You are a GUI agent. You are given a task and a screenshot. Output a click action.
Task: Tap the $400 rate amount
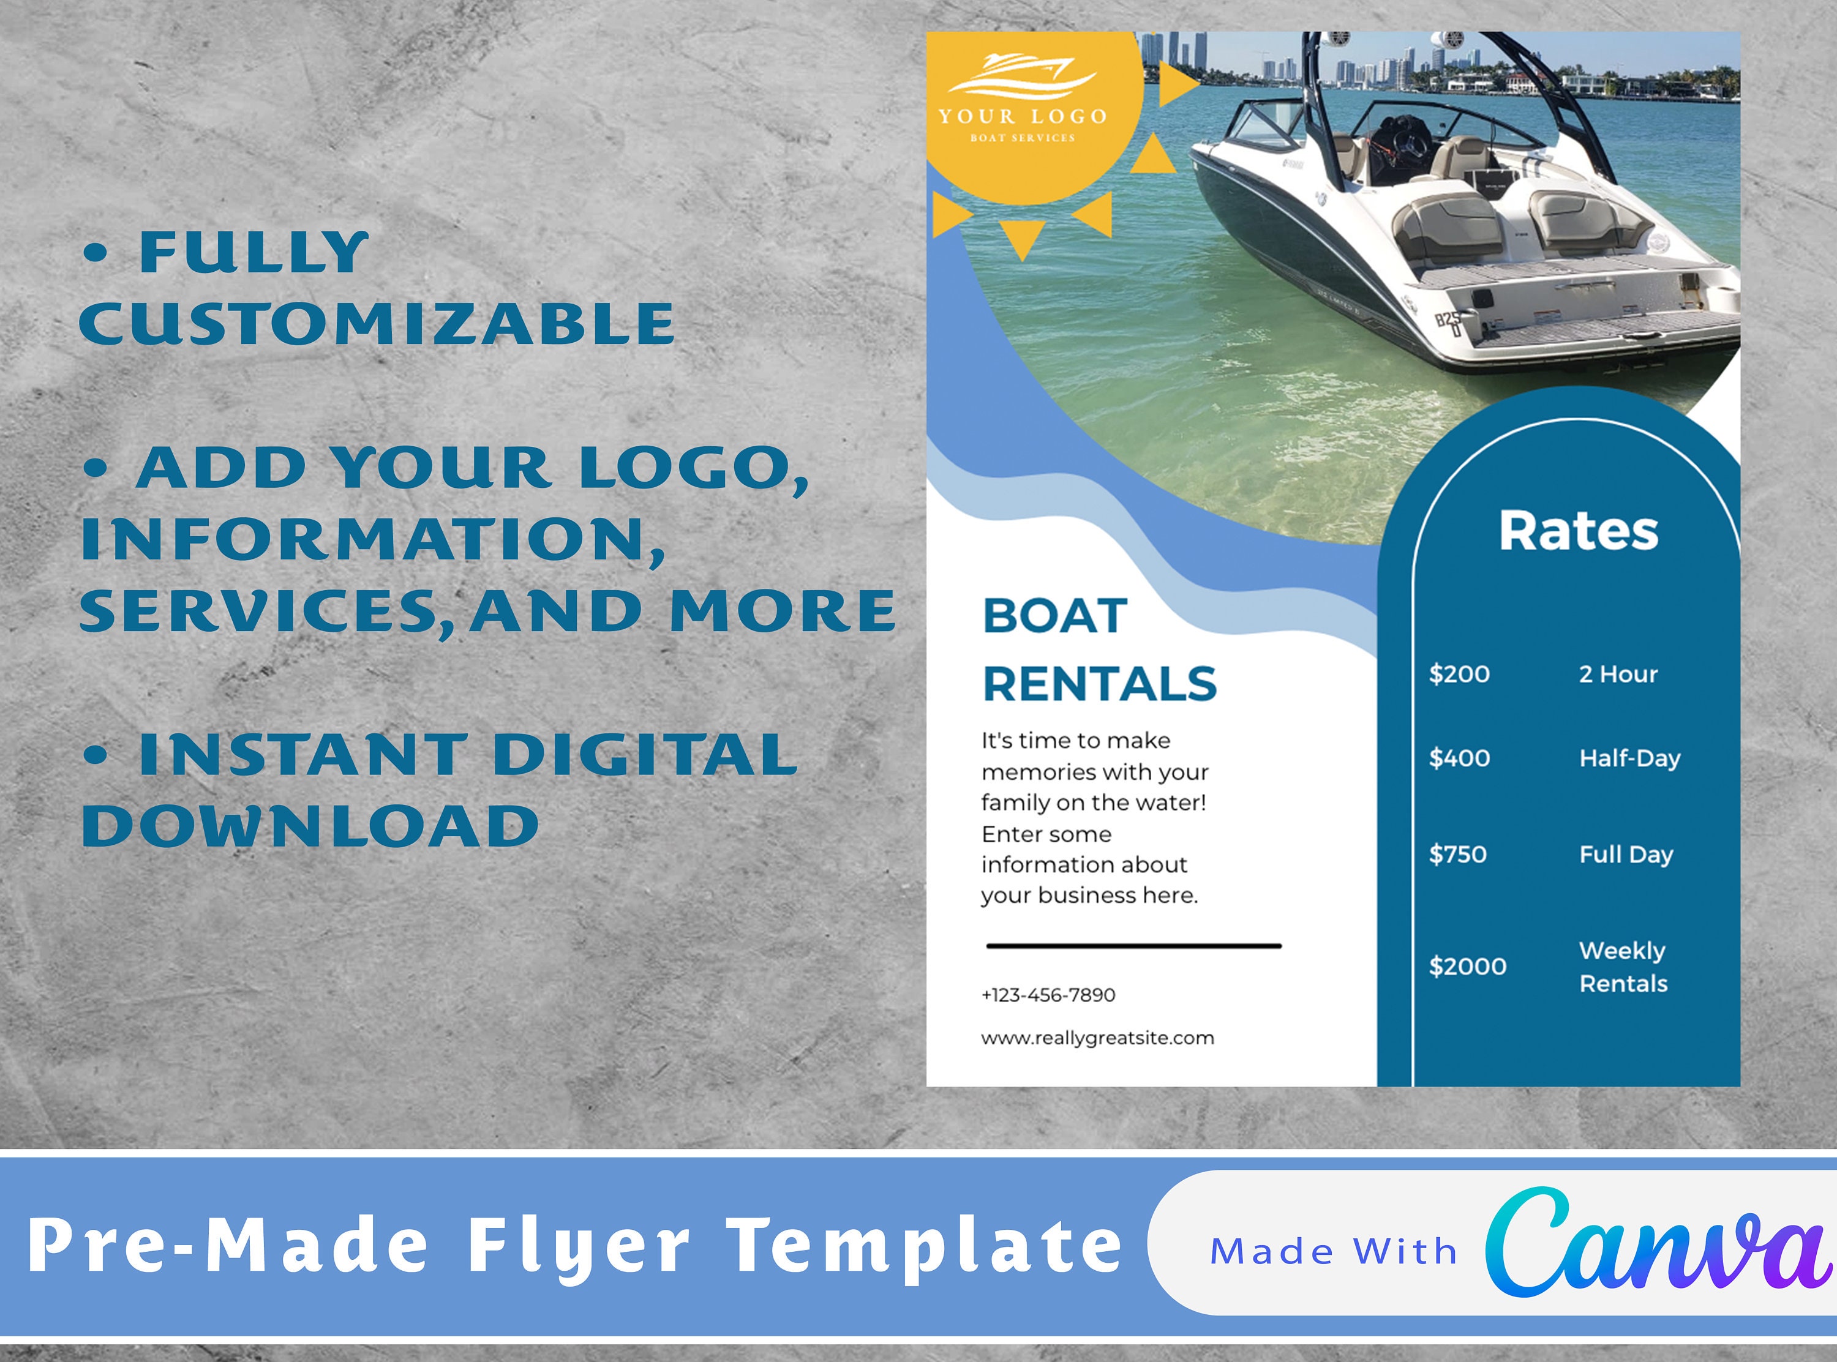[x=1459, y=758]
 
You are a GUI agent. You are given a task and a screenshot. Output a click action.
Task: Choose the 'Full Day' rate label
[x=1626, y=854]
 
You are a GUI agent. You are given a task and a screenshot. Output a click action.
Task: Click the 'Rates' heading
[x=1578, y=531]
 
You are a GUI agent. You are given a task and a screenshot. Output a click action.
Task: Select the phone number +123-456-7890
[x=1048, y=995]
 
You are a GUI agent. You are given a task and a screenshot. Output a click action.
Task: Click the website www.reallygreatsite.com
[x=1097, y=1038]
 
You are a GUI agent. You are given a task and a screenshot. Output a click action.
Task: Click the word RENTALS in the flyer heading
[x=1100, y=684]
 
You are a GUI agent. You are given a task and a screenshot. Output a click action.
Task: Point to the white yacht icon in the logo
[x=1023, y=74]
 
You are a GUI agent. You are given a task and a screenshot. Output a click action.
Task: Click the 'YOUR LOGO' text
[x=1023, y=116]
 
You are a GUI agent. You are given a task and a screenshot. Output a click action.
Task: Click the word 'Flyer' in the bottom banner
[x=579, y=1246]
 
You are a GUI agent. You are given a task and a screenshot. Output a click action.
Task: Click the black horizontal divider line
[x=1133, y=946]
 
